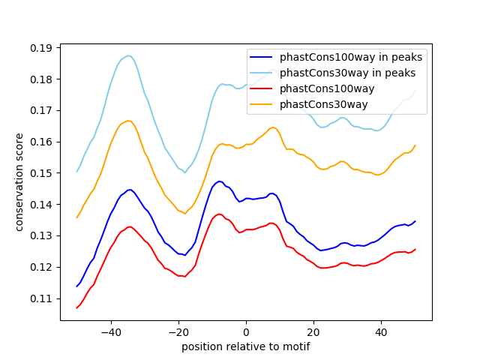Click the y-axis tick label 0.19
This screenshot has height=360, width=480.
click(42, 48)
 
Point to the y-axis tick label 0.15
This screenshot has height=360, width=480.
click(42, 173)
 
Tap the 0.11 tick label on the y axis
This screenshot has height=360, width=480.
click(42, 298)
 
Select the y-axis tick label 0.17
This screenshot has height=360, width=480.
click(42, 110)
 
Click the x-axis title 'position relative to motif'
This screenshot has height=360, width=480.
click(245, 347)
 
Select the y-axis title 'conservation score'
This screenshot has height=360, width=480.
click(19, 181)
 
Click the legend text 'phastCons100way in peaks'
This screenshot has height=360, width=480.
click(350, 57)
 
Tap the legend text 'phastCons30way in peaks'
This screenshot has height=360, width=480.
click(347, 73)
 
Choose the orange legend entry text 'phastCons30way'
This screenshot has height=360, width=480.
click(323, 104)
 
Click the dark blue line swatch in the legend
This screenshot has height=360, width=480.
click(262, 57)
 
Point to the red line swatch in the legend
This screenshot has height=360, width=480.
click(262, 88)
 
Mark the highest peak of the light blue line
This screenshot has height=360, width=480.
click(128, 55)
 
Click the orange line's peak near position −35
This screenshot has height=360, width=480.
click(128, 121)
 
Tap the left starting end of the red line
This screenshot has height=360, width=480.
click(77, 307)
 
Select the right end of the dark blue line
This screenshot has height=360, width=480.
click(415, 221)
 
